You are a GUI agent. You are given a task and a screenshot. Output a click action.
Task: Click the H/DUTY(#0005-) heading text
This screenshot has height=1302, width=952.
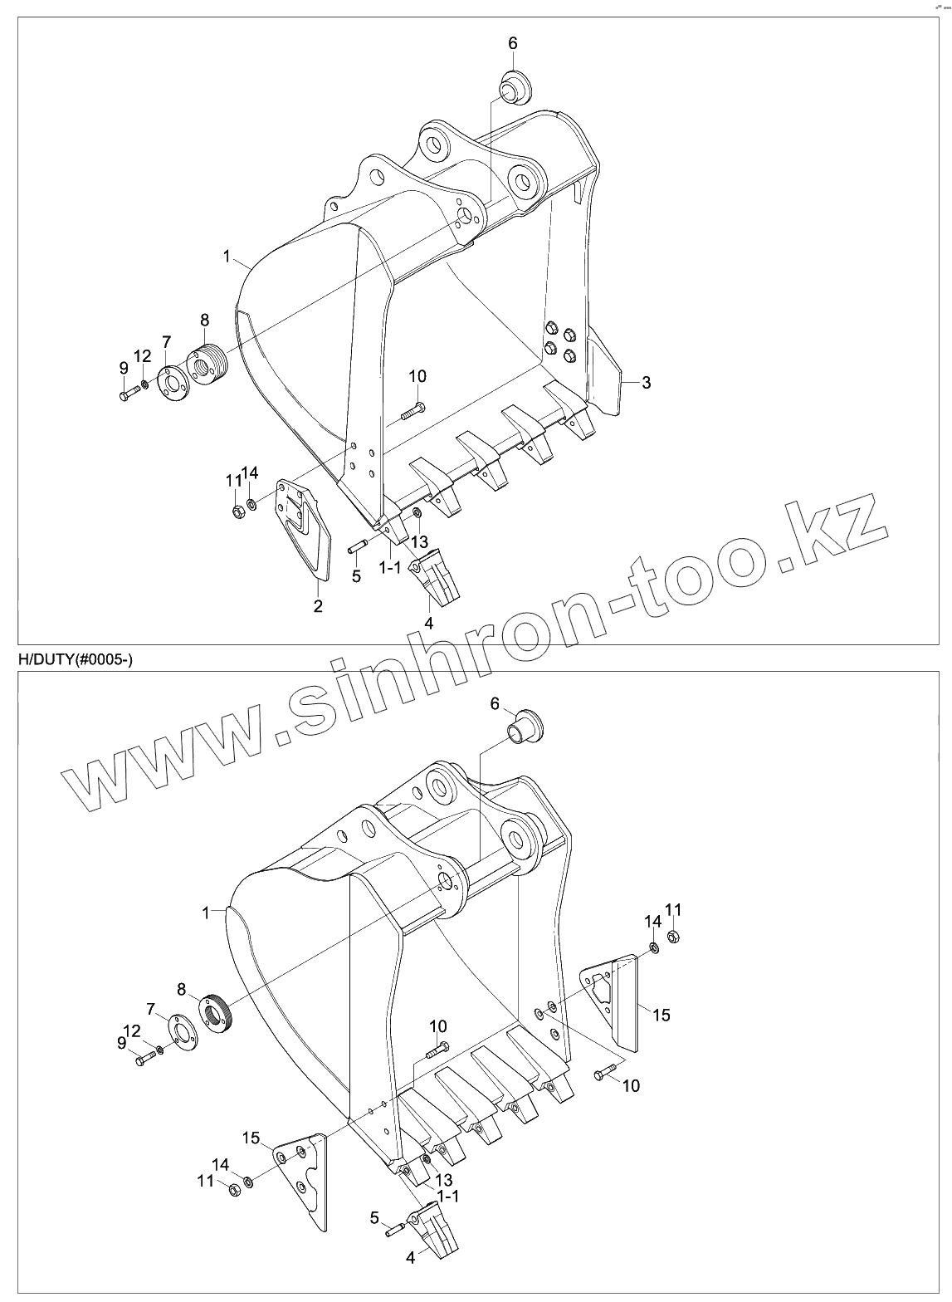pyautogui.click(x=75, y=659)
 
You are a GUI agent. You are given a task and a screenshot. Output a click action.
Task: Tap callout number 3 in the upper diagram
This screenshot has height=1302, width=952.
pyautogui.click(x=647, y=383)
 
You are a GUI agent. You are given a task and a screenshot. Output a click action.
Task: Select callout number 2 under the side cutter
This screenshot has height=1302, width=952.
pyautogui.click(x=318, y=606)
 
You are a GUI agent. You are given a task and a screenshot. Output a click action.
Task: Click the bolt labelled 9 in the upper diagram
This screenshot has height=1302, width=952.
pyautogui.click(x=128, y=394)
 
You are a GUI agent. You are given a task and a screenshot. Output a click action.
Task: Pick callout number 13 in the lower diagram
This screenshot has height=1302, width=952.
pyautogui.click(x=444, y=1180)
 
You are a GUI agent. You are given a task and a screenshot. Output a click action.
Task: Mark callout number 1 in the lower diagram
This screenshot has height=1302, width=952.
pyautogui.click(x=204, y=913)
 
